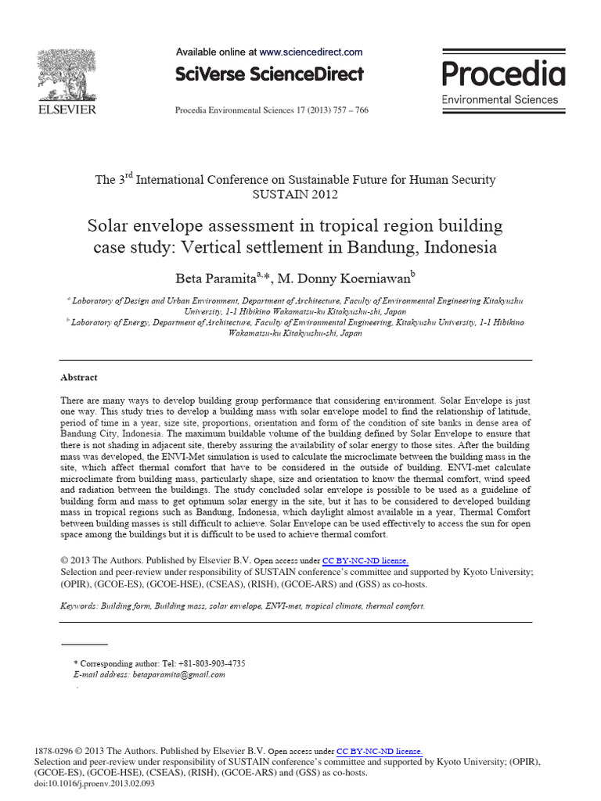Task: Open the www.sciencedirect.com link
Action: click(x=311, y=52)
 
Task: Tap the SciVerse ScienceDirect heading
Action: click(x=269, y=74)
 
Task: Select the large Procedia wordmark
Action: click(x=503, y=74)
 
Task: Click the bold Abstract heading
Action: click(x=79, y=376)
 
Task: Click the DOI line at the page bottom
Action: click(x=90, y=784)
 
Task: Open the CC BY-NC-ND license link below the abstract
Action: click(x=365, y=561)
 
